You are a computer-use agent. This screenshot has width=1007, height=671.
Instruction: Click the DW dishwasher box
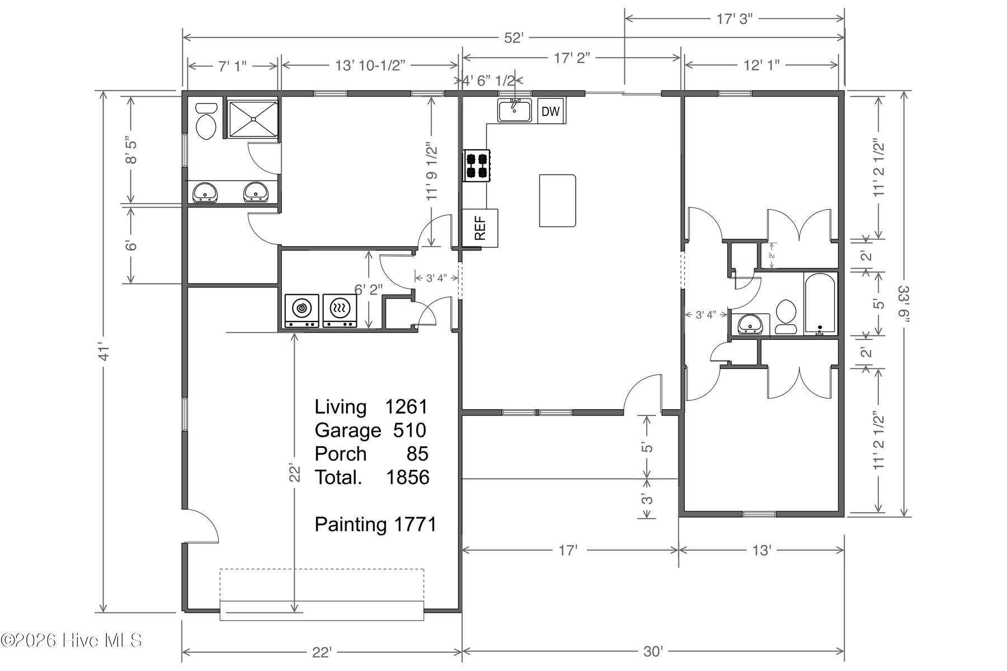point(551,111)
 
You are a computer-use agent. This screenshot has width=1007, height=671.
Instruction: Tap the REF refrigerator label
point(480,228)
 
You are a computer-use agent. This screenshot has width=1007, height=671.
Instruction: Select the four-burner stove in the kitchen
point(477,166)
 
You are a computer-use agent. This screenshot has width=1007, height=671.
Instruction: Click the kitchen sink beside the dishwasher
point(515,110)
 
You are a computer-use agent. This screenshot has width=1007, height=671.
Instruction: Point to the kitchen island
point(558,200)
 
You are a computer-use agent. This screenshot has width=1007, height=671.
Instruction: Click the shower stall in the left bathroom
point(252,118)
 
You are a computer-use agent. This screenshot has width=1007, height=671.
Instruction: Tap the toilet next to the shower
point(206,120)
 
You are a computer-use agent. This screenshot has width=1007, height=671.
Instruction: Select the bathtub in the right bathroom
point(820,303)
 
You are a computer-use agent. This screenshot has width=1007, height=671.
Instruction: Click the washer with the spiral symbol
point(302,311)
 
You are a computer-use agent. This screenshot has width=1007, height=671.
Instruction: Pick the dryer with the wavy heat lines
point(340,311)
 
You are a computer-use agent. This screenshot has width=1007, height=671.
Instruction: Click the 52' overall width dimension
point(514,37)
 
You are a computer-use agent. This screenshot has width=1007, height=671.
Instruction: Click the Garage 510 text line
point(370,430)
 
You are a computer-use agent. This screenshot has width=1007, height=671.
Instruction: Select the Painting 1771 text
point(375,524)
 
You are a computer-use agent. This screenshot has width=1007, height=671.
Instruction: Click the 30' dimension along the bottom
point(653,651)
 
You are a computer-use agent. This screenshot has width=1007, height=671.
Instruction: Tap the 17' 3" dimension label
point(735,18)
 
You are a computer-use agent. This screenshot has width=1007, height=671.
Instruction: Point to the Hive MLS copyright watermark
point(71,640)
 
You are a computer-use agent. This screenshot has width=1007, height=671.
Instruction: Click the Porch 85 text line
point(371,453)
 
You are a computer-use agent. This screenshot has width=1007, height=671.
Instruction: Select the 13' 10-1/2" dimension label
point(370,65)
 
